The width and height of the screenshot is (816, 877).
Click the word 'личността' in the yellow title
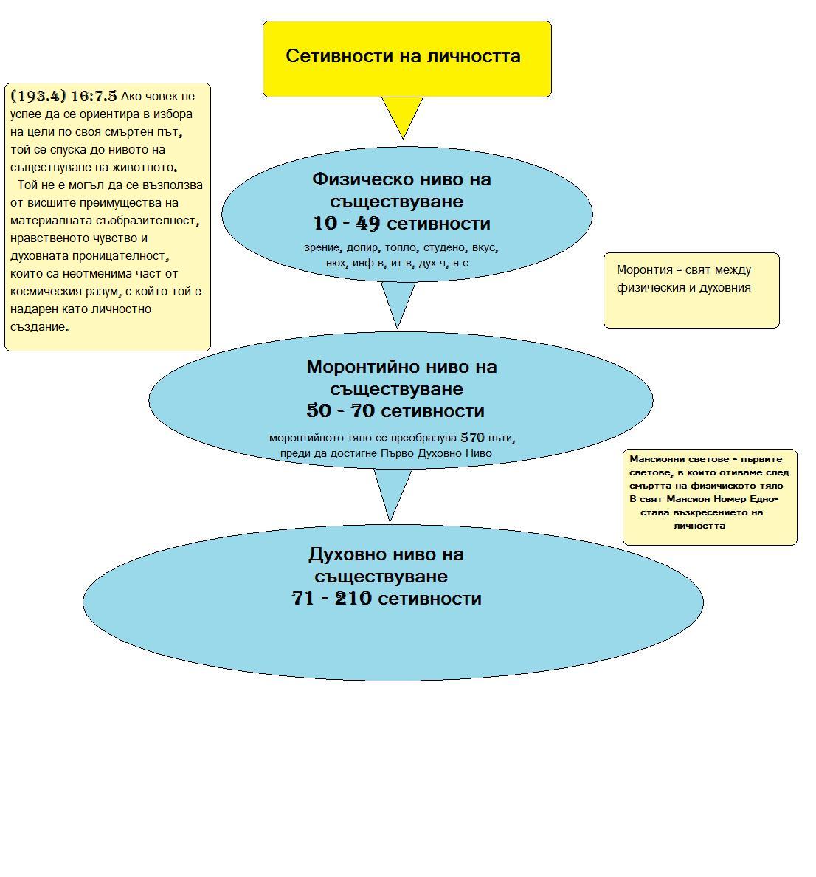click(480, 56)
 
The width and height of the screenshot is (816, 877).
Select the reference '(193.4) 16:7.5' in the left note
click(64, 96)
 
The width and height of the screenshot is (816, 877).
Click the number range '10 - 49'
click(345, 224)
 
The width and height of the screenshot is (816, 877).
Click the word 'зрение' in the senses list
click(322, 248)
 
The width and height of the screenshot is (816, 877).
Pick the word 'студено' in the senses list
click(443, 248)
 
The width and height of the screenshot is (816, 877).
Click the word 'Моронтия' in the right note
click(644, 270)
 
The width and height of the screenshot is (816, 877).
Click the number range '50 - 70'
click(342, 411)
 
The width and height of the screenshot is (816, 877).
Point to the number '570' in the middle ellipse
click(472, 438)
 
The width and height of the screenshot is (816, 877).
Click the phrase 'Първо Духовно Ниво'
click(436, 453)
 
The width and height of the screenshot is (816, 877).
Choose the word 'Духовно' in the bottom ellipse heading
click(345, 554)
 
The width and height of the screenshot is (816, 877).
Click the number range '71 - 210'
click(332, 599)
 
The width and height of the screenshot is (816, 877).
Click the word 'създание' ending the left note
click(38, 327)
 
